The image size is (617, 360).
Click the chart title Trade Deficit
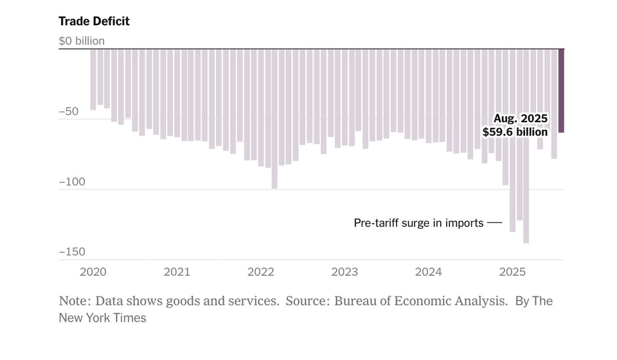point(94,21)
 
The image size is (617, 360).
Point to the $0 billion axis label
point(82,41)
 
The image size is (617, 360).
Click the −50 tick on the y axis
point(69,112)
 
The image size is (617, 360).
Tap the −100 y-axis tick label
point(71,182)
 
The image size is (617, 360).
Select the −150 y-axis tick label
point(71,252)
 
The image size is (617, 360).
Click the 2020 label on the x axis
point(93,272)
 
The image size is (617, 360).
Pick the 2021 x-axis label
point(177,272)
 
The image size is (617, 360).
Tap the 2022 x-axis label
point(261,272)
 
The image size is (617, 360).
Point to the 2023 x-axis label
point(344,272)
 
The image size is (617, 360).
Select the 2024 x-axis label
point(429,272)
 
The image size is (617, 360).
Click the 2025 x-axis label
point(512,272)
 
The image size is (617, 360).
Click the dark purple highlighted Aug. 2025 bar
point(561,90)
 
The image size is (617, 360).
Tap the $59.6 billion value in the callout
point(515,132)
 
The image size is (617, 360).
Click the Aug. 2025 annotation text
point(520,119)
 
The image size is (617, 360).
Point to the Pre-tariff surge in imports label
point(418,223)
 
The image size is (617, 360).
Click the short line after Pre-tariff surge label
point(494,223)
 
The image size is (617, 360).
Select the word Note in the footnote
point(72,301)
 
